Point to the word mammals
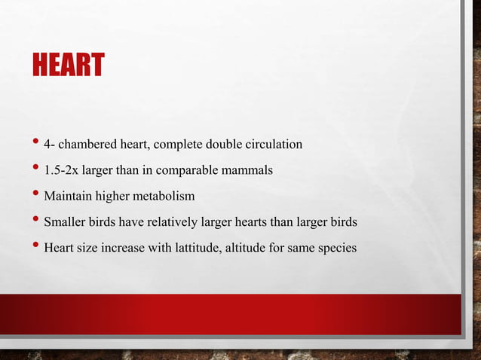(247, 170)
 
